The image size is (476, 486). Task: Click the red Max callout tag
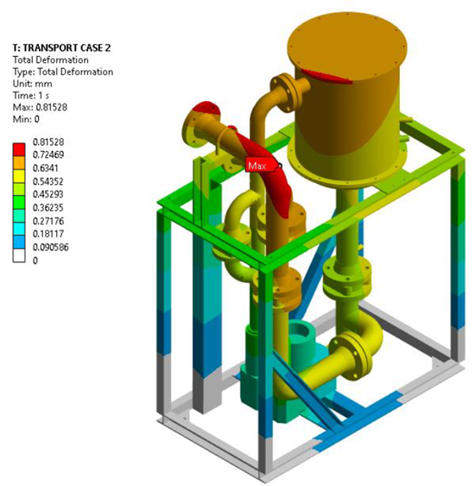(x=260, y=166)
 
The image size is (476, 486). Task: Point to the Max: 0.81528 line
(x=40, y=107)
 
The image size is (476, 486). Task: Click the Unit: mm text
(x=32, y=84)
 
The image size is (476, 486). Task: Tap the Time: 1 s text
(x=31, y=96)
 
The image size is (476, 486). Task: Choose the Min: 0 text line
(x=26, y=119)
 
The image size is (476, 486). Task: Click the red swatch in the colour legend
(x=19, y=149)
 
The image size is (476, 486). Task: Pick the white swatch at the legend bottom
(x=19, y=256)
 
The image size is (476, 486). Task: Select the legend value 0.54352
(x=48, y=181)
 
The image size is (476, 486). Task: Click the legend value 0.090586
(x=51, y=248)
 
